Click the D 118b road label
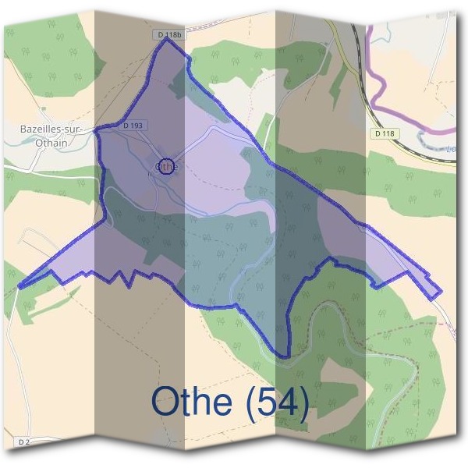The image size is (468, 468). pyautogui.click(x=168, y=36)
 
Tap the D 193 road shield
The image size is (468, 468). pyautogui.click(x=133, y=125)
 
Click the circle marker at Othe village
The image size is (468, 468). pyautogui.click(x=164, y=165)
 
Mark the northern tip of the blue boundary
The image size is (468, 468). pyautogui.click(x=165, y=41)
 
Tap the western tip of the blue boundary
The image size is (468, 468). pyautogui.click(x=19, y=286)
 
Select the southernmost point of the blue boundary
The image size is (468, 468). pyautogui.click(x=285, y=357)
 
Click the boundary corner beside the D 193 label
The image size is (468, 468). pyautogui.click(x=96, y=132)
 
